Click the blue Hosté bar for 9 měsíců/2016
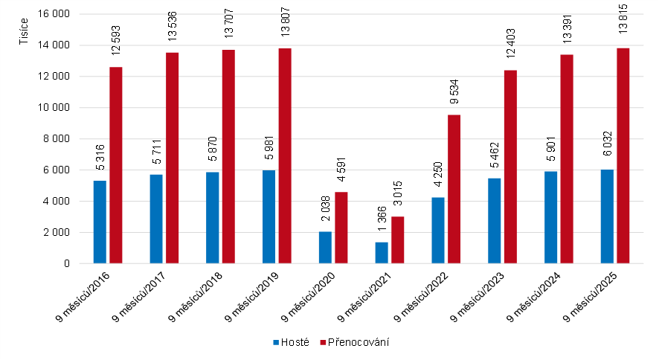(x=100, y=222)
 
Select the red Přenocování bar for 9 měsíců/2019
(x=285, y=155)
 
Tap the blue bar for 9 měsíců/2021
(x=382, y=252)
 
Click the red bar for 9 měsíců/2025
(x=623, y=155)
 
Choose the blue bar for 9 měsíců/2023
(x=495, y=220)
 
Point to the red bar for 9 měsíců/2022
(x=454, y=189)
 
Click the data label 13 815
(x=623, y=26)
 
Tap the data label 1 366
(x=382, y=221)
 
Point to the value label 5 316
(x=100, y=159)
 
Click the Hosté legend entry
(x=292, y=342)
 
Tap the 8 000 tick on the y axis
(x=57, y=139)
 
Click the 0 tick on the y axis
(x=66, y=263)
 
